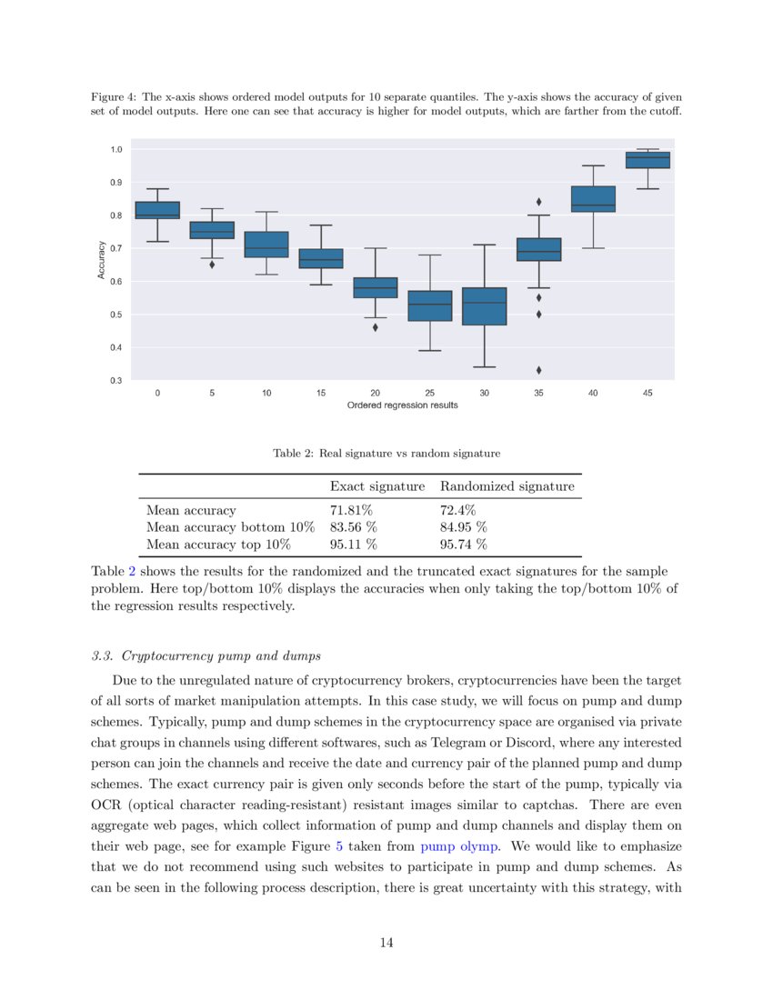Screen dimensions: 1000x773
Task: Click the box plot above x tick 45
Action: tap(648, 160)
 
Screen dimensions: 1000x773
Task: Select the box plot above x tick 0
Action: tap(157, 210)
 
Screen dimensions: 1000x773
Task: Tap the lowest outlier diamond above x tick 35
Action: tap(538, 370)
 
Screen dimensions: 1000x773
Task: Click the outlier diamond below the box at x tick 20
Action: tap(375, 327)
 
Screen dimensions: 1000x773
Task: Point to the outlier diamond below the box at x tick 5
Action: tap(212, 265)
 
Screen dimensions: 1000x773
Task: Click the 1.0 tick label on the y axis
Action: tap(115, 149)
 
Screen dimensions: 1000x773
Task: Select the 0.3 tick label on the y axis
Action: tap(115, 380)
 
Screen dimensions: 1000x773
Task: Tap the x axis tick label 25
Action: tap(429, 394)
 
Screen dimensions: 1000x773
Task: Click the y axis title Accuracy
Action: tap(102, 259)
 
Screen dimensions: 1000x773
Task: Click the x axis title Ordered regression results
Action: tap(402, 405)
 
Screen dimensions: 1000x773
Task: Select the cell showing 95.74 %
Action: tap(463, 545)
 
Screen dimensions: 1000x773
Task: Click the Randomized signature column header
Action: tap(507, 486)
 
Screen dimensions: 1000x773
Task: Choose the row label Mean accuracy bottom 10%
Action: tap(230, 527)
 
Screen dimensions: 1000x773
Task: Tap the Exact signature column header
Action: tap(376, 486)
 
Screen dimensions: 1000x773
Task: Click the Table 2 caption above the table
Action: tap(386, 453)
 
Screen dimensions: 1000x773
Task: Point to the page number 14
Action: tap(386, 943)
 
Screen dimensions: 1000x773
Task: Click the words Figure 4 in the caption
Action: tap(112, 96)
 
